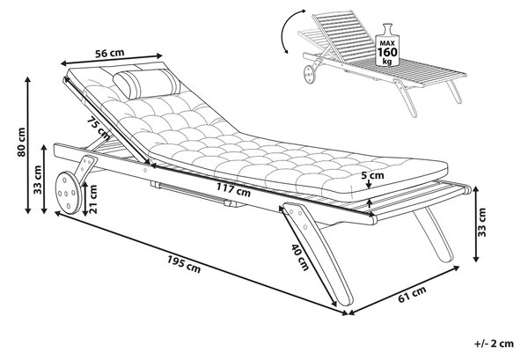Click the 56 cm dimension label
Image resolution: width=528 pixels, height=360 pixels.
point(109,53)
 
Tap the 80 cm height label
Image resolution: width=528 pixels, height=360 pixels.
point(21,142)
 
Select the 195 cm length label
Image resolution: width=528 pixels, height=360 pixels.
point(184,264)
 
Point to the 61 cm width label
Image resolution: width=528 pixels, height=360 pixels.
point(412,293)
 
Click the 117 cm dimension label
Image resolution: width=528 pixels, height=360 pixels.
point(233,189)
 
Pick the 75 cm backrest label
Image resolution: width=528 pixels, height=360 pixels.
point(98,128)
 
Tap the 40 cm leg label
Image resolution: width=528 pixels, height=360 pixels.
point(300,257)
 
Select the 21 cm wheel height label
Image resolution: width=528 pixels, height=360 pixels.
point(93,199)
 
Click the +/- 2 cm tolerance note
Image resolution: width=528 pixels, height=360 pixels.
point(494,343)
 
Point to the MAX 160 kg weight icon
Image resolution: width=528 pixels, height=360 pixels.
point(387,45)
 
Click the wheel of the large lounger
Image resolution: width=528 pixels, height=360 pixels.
point(69,193)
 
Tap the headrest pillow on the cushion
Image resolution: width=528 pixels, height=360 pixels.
point(146,84)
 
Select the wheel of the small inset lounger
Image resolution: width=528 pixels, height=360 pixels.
point(309,75)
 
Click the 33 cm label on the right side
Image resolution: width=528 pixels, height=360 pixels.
point(482,223)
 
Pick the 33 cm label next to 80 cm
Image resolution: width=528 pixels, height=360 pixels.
point(37,180)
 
